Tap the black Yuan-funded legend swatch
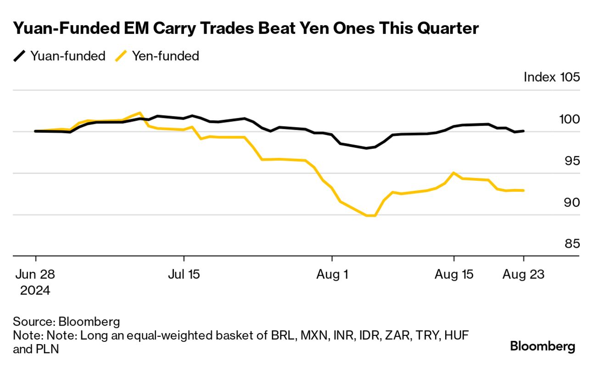click(x=19, y=56)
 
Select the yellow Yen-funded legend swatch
click(x=121, y=56)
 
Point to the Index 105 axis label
click(x=552, y=77)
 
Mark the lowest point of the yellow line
click(x=371, y=216)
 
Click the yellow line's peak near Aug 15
click(x=453, y=172)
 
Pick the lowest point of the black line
click(x=366, y=148)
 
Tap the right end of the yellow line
click(x=523, y=190)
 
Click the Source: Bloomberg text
click(x=67, y=321)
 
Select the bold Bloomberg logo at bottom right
click(x=543, y=346)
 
